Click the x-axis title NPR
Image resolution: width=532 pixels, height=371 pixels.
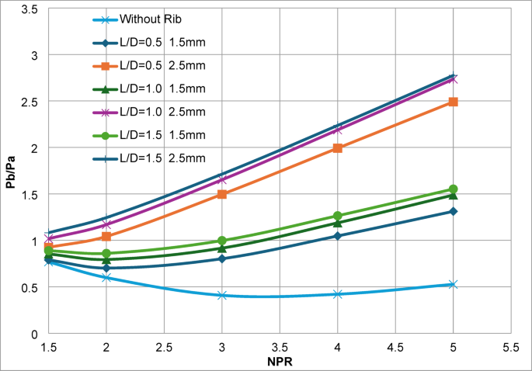point(280,361)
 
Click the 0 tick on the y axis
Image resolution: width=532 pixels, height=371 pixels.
point(36,334)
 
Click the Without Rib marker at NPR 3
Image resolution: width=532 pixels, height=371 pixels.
point(222,296)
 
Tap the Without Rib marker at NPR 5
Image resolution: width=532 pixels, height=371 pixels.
point(453,285)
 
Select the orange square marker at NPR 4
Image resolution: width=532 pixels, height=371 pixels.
point(338,147)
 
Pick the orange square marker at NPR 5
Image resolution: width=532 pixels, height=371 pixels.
point(453,102)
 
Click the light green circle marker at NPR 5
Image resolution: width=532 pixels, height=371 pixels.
point(453,189)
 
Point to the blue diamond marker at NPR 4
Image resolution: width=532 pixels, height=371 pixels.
point(338,236)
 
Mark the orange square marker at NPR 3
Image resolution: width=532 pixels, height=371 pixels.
point(222,194)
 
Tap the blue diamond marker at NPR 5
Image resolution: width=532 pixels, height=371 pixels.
point(453,211)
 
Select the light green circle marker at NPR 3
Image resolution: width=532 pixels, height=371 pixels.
point(222,241)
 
